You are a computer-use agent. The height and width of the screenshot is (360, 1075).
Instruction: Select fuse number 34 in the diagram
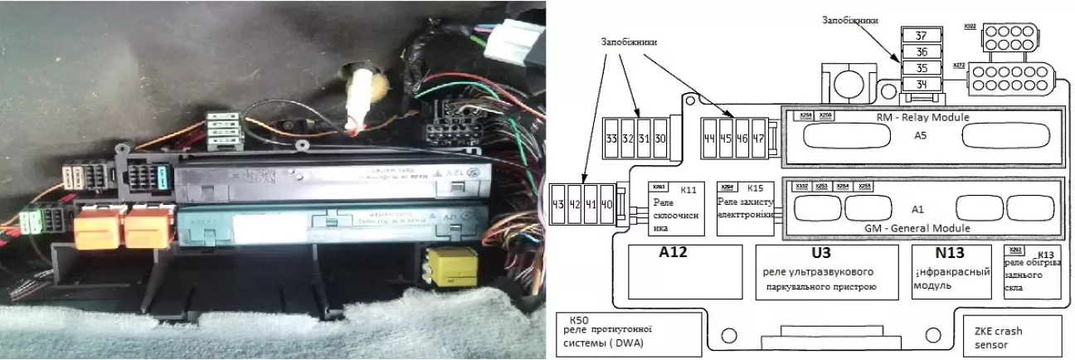(x=920, y=84)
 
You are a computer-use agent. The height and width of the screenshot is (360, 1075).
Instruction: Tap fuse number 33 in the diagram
(x=610, y=138)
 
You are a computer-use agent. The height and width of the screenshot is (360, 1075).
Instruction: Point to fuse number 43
(x=560, y=202)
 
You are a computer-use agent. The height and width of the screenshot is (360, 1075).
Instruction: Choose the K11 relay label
(x=687, y=187)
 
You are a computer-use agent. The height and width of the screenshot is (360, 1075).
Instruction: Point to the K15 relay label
(x=755, y=187)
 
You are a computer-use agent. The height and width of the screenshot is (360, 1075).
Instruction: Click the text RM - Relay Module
(x=922, y=117)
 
